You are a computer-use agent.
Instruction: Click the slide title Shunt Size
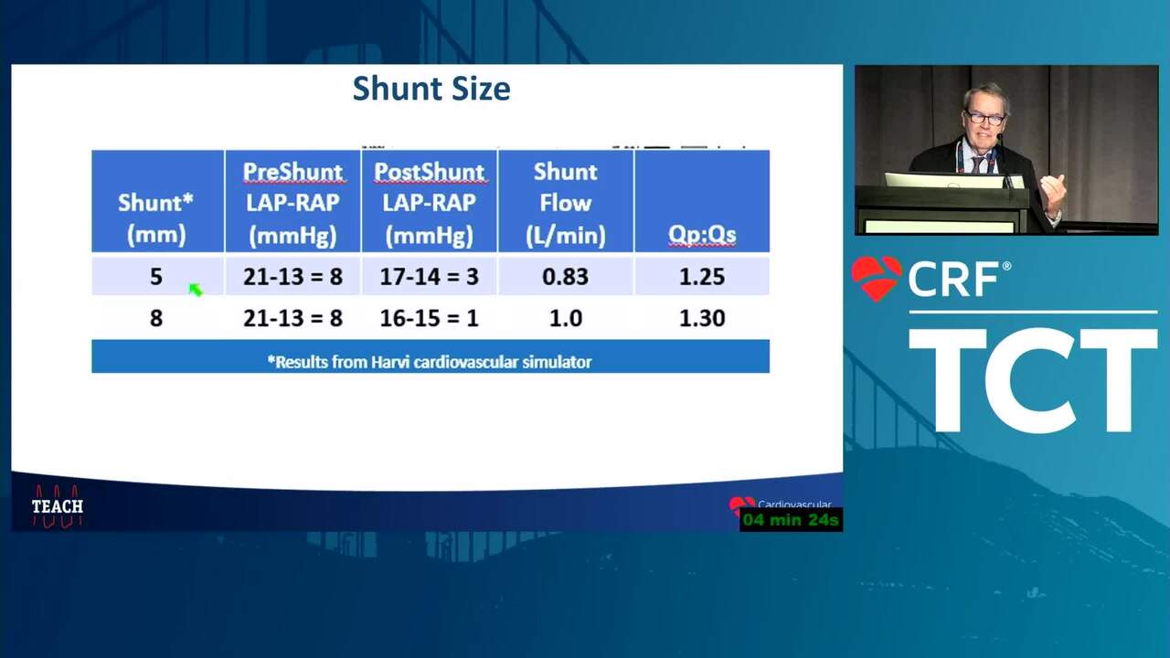431,89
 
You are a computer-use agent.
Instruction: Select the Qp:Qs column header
702,235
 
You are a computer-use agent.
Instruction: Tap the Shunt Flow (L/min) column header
566,203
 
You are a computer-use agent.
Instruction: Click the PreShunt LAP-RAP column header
293,203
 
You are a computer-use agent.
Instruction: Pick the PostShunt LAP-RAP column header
430,203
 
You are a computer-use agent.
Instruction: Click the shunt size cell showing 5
156,276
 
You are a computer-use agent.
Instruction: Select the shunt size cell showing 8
156,318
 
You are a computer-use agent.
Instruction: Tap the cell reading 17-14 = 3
430,276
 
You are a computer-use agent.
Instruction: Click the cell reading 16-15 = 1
430,318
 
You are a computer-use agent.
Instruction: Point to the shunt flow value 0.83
566,276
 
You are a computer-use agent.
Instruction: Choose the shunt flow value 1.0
566,318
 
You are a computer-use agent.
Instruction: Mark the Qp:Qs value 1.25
702,276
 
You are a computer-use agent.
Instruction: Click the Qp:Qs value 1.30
702,318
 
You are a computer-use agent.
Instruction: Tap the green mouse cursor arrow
196,290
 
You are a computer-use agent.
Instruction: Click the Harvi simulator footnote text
430,362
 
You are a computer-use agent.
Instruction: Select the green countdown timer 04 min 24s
791,520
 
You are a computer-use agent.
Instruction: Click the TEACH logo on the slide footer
58,506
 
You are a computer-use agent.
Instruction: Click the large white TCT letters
1033,381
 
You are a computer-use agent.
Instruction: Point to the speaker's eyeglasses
984,118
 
